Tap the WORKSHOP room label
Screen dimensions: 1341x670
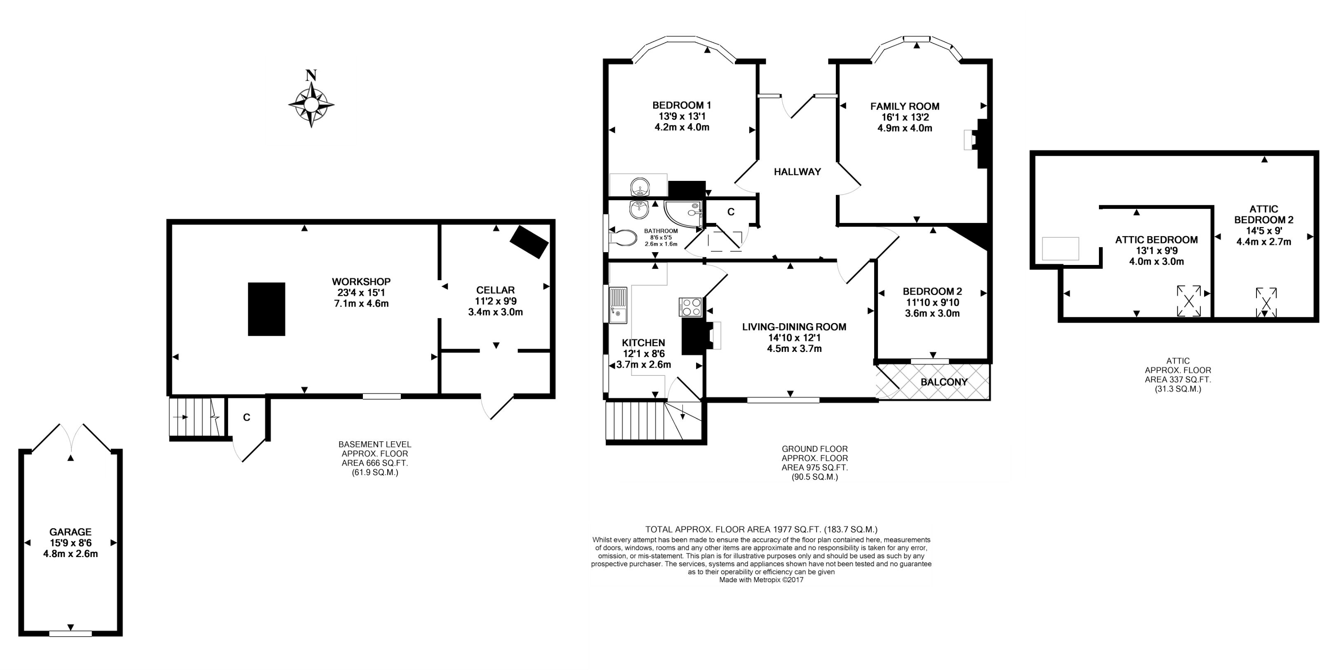361,282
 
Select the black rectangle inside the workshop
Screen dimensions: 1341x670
266,309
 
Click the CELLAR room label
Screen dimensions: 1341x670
496,290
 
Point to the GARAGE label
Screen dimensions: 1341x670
70,532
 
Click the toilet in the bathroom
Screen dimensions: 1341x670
623,238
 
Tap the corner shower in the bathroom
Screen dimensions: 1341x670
683,215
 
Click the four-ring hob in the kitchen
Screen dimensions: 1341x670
690,307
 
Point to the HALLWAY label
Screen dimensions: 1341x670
797,172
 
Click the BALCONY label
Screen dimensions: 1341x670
944,382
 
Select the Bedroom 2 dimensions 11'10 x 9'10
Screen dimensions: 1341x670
932,302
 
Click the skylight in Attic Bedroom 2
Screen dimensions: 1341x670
1266,302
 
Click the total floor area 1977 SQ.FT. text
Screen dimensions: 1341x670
762,529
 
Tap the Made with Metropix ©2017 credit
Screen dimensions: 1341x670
761,579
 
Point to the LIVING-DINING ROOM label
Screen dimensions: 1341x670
794,327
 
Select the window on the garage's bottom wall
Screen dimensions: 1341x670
70,634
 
